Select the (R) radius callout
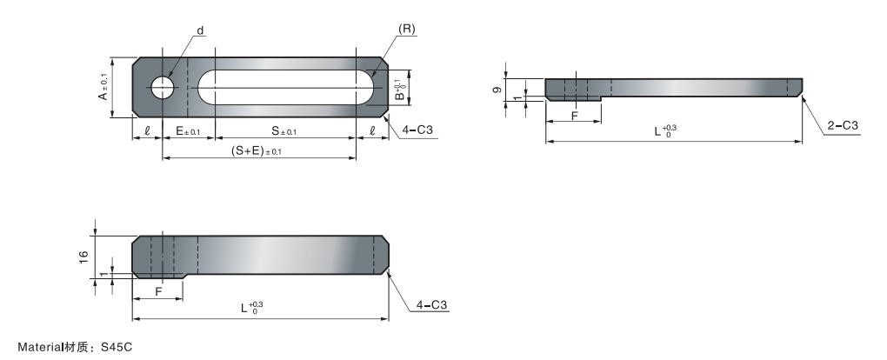click(x=406, y=29)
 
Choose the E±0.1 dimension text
click(x=188, y=132)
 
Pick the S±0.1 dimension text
click(x=283, y=132)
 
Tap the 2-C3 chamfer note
click(x=843, y=126)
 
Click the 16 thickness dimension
click(x=83, y=257)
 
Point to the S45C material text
click(x=117, y=347)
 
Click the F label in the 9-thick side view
click(x=575, y=114)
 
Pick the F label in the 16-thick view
click(x=157, y=292)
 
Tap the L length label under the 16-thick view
click(x=251, y=307)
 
